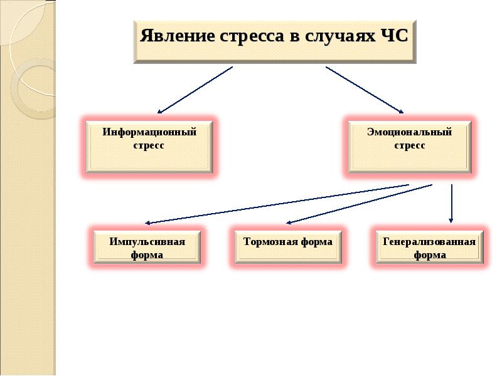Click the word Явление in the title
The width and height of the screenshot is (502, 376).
click(178, 36)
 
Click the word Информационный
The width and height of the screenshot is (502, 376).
click(149, 132)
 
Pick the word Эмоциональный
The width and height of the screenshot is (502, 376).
click(409, 132)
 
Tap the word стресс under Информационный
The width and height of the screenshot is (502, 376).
click(149, 145)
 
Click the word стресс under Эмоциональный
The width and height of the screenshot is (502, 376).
click(410, 145)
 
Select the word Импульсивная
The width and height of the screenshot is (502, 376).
click(147, 241)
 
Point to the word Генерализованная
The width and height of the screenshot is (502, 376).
click(429, 241)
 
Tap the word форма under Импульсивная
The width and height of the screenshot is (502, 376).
click(147, 255)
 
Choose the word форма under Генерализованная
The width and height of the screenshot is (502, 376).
click(430, 255)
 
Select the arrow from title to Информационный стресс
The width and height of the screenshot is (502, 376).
click(195, 90)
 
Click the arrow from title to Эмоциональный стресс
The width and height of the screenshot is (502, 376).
click(365, 90)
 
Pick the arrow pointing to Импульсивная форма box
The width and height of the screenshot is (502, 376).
click(277, 204)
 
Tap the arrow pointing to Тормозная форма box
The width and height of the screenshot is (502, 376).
click(359, 204)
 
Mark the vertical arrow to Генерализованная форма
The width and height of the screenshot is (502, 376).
click(451, 203)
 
